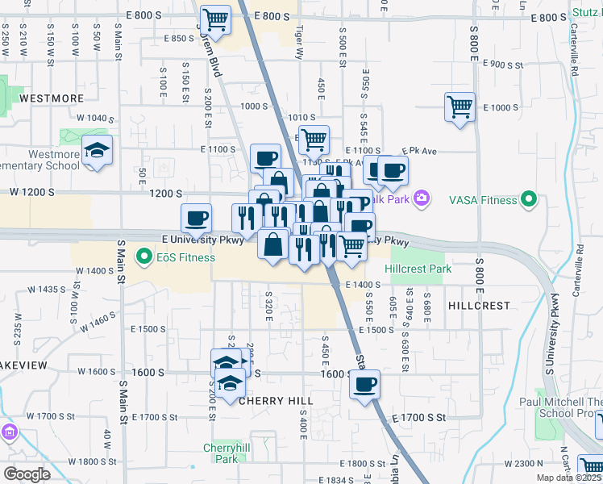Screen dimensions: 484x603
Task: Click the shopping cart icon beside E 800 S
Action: click(x=215, y=18)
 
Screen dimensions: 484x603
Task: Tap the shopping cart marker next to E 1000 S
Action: click(x=460, y=106)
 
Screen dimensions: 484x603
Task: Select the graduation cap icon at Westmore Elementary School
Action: click(x=98, y=151)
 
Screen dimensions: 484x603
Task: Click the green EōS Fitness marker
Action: click(x=145, y=257)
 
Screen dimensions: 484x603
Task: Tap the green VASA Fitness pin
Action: click(x=529, y=198)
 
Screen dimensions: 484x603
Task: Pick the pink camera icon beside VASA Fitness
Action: click(x=421, y=198)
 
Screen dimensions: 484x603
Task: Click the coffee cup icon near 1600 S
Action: click(x=364, y=383)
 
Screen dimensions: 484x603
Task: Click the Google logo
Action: click(x=27, y=474)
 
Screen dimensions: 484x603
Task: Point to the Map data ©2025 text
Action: click(x=568, y=478)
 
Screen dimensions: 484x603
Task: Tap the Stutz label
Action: click(x=585, y=13)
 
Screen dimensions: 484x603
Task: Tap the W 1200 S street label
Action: click(x=32, y=193)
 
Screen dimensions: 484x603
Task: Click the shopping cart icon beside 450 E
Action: click(x=313, y=138)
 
